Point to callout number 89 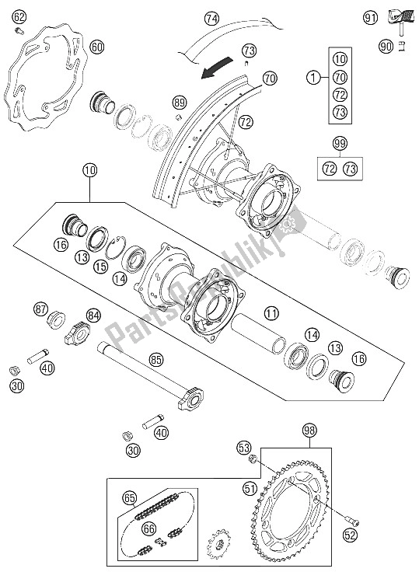180,103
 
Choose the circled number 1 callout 312,78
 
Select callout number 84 93,315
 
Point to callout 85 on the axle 156,359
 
